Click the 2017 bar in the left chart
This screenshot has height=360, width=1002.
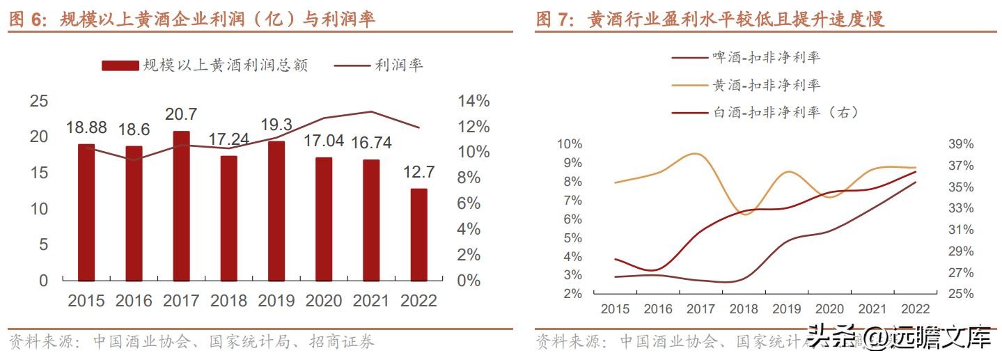181,206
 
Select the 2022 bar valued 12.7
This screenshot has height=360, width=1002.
418,235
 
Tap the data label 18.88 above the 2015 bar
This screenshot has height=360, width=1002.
86,127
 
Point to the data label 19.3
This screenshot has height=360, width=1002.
276,125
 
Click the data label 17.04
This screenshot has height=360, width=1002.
324,141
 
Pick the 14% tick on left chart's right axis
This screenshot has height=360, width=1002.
473,101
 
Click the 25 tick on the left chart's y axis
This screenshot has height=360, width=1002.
39,101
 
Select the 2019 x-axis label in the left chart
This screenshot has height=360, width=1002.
276,301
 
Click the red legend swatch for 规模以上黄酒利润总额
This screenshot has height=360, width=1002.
119,65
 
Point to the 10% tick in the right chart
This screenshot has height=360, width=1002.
569,144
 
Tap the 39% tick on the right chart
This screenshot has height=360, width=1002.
961,144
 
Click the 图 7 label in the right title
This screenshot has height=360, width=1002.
554,19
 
